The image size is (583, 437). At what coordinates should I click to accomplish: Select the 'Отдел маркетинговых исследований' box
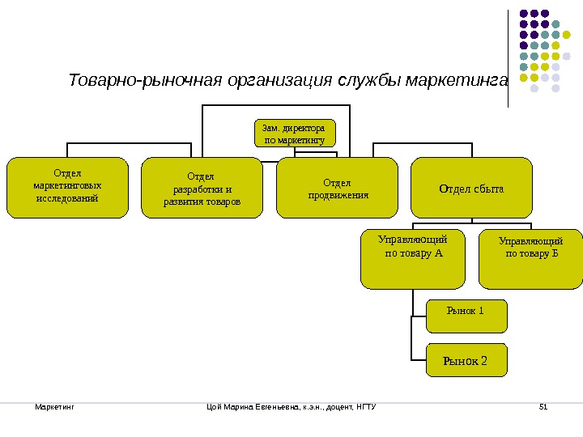(x=67, y=188)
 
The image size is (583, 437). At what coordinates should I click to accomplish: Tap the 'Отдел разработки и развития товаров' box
(x=202, y=189)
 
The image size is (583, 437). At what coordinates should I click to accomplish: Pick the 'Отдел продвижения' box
(x=337, y=189)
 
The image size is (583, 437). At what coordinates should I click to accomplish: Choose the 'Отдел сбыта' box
(x=471, y=189)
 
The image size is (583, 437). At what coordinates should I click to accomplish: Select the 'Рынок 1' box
(x=466, y=316)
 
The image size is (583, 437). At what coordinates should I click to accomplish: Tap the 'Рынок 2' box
(x=466, y=360)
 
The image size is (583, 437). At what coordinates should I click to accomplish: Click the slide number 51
(x=543, y=405)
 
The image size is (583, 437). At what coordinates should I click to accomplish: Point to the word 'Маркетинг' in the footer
(x=54, y=405)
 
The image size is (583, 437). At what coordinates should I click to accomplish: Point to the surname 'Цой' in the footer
(x=215, y=405)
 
